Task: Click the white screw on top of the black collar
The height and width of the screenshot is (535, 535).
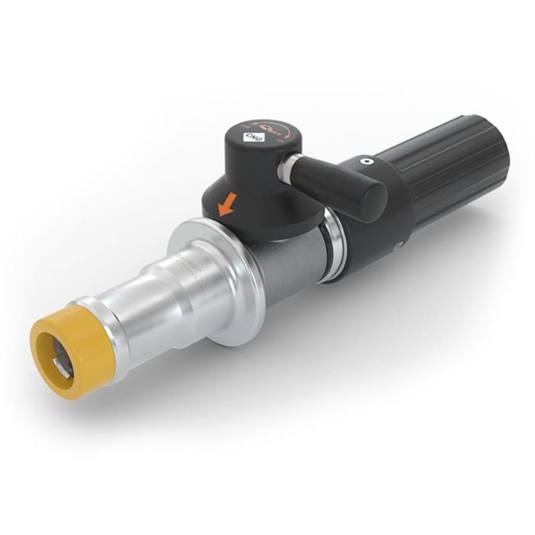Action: pyautogui.click(x=365, y=161)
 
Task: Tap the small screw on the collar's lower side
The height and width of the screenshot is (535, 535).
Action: pyautogui.click(x=398, y=246)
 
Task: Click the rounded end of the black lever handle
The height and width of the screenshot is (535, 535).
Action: pyautogui.click(x=368, y=203)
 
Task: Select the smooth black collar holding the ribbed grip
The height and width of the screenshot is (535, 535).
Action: pyautogui.click(x=374, y=222)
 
